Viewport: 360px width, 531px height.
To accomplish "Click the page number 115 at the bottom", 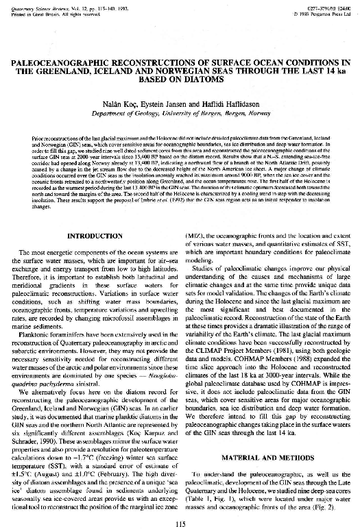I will coord(180,524).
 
